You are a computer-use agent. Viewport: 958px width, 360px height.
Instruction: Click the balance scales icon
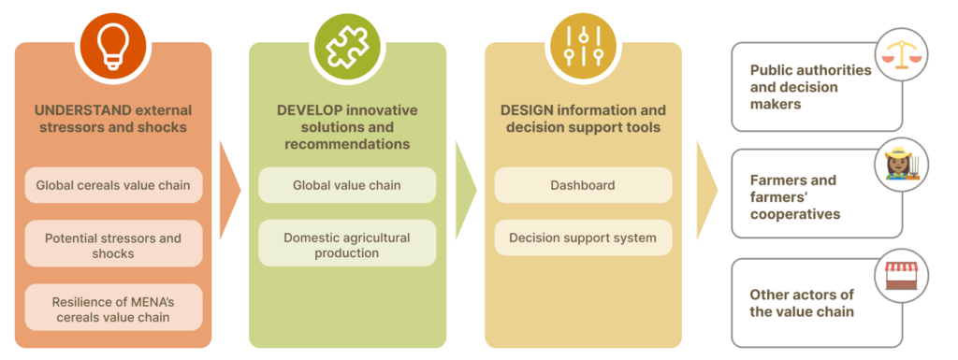click(901, 55)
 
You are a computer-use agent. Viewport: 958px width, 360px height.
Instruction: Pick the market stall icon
click(901, 275)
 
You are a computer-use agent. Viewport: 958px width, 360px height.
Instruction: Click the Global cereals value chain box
click(113, 185)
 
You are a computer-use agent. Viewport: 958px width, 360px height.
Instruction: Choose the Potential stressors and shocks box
click(113, 244)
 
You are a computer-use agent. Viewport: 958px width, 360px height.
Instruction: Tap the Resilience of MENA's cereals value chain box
click(113, 308)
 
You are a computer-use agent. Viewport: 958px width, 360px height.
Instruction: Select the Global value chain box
click(347, 185)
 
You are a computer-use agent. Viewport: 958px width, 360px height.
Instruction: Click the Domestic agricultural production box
click(347, 243)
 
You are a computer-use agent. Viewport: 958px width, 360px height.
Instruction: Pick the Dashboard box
click(583, 185)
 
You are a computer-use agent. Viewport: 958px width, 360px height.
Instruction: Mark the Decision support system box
click(583, 238)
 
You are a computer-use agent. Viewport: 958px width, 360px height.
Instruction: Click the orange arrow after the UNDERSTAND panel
click(230, 191)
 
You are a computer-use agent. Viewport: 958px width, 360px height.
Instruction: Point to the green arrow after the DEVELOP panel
click(466, 191)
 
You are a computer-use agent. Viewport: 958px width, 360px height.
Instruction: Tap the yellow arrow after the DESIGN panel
click(707, 191)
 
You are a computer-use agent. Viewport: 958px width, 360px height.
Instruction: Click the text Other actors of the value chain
click(802, 303)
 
